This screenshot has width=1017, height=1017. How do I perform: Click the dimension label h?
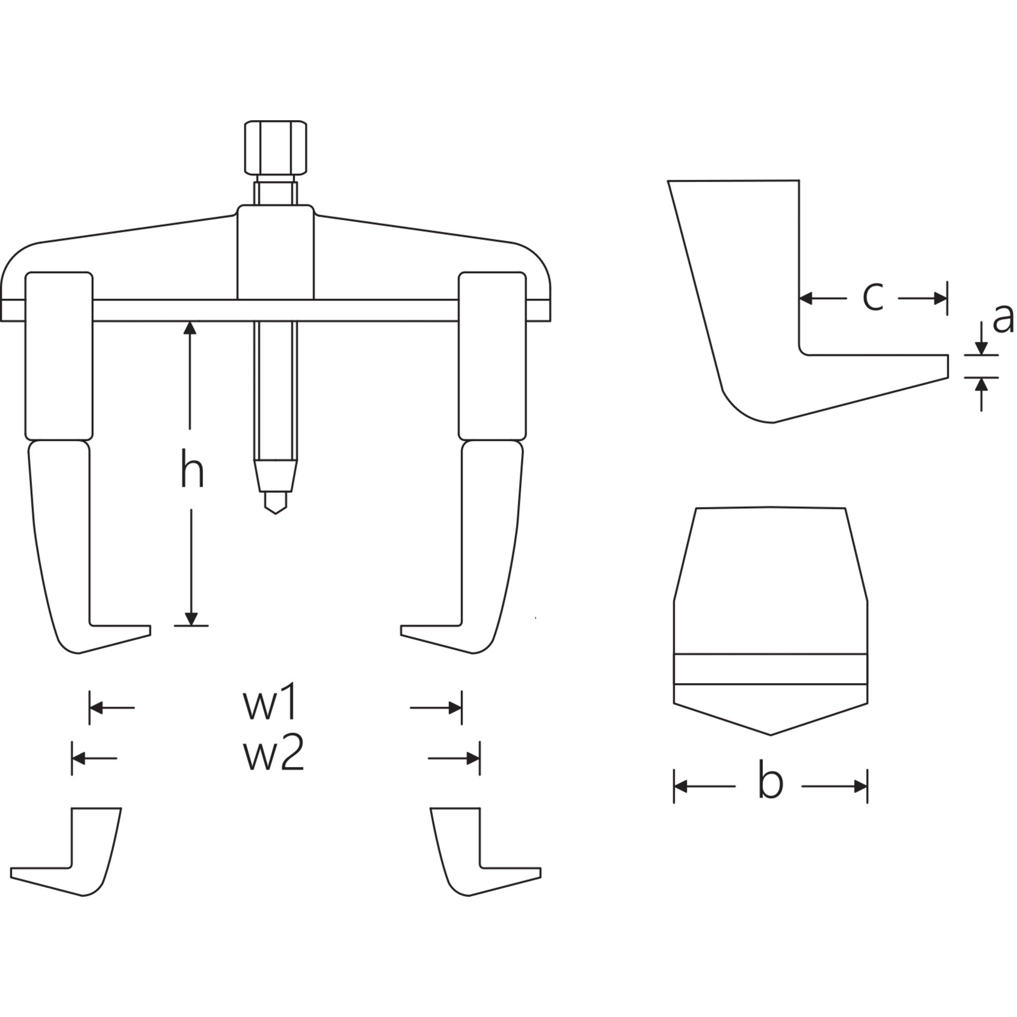click(x=192, y=468)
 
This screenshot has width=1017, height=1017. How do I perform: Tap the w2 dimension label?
click(x=274, y=754)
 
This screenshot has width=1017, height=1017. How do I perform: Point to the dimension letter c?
click(x=872, y=298)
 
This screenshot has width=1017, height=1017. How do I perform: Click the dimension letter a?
click(x=1003, y=319)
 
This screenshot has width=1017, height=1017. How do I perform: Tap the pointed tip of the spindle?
click(x=275, y=513)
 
